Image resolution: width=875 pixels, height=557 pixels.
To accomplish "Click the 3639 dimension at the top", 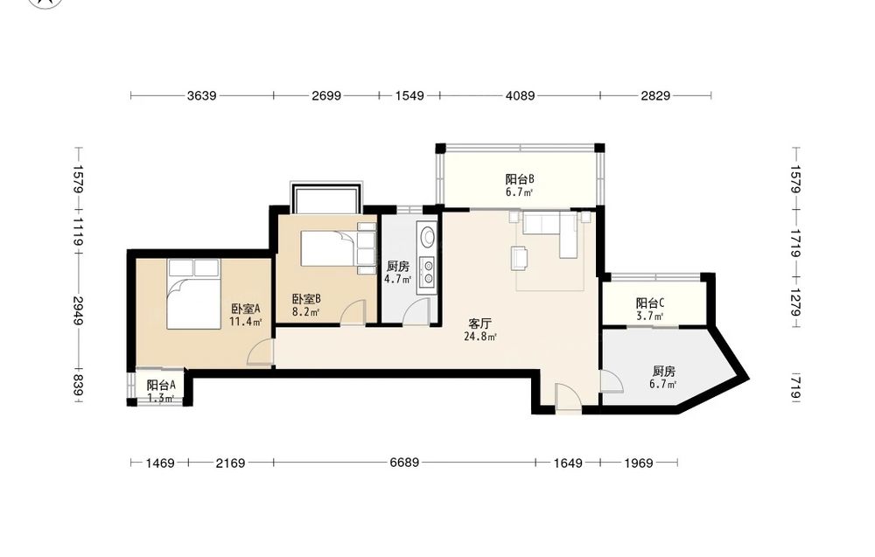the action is point(201,95).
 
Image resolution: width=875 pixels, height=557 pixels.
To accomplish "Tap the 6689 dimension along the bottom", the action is point(404,463).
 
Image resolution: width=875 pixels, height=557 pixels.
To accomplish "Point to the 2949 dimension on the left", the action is point(78,311).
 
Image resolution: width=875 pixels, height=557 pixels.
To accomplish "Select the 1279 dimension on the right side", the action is point(796,302).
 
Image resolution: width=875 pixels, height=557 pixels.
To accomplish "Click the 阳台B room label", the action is point(520,179).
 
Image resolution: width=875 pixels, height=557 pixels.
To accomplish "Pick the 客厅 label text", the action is point(479,324).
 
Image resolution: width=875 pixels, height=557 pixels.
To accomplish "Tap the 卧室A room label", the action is point(246,309).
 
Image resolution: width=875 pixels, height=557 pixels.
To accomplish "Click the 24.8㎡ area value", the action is point(480,336).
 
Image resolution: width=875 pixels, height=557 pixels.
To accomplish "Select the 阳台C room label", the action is point(650,303).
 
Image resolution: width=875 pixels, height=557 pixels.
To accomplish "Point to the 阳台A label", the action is point(161,385).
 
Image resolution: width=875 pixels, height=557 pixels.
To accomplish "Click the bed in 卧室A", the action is point(193,294).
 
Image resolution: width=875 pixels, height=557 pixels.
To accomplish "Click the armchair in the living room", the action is point(519,259).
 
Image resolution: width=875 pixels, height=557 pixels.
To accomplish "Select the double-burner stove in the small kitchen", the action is point(428,272).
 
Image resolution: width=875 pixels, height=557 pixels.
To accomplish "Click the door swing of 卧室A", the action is point(261,352).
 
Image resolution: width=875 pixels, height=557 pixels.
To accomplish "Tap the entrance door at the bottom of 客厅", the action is point(569,398).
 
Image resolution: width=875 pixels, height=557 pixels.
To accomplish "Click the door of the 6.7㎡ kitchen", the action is point(612,381).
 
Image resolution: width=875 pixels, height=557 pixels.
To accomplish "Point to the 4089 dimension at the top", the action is point(520,95).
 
